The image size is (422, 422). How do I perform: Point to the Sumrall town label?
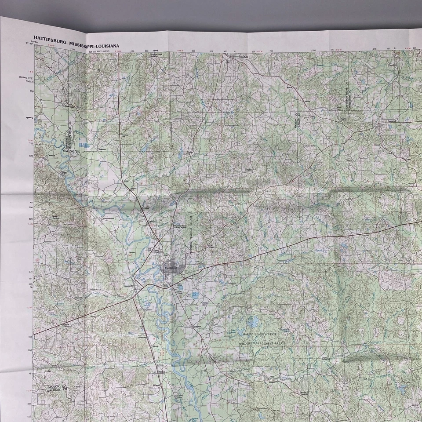(x=392, y=120)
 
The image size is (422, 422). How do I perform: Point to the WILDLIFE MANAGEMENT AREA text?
(x=260, y=342)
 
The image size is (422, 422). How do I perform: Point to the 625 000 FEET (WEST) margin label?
(x=98, y=51)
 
